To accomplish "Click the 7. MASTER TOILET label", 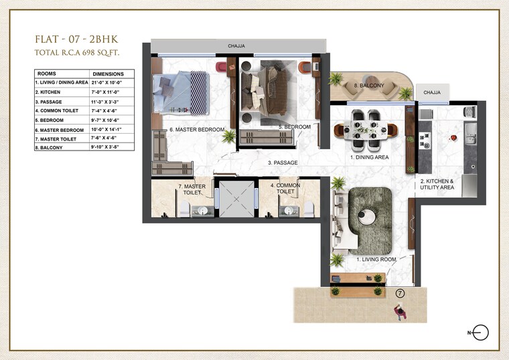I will [x=192, y=189].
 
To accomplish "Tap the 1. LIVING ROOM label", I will [x=376, y=258].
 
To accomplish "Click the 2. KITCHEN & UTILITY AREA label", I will [x=437, y=185].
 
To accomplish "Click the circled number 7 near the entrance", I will [x=400, y=292].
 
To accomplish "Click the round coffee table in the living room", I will [x=366, y=216].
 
